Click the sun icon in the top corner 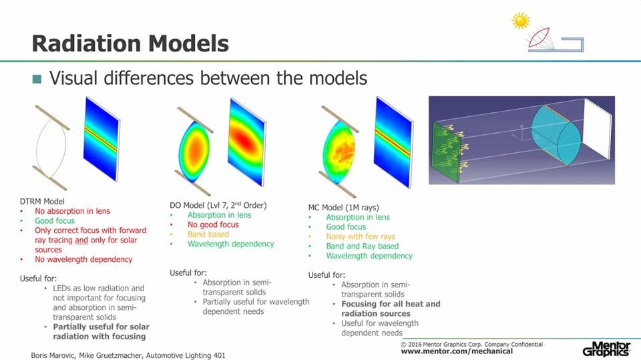pos(520,21)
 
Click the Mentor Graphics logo pos(606,349)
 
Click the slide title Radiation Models pos(130,43)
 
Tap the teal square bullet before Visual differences pos(37,79)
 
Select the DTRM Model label pos(42,201)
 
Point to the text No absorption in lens pos(72,211)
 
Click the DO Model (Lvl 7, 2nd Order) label pos(218,205)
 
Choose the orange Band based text pos(208,234)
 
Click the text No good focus pos(213,224)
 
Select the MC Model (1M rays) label pos(343,208)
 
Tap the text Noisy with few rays pos(361,236)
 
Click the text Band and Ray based pos(362,246)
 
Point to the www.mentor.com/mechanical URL pos(457,351)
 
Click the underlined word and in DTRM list pos(81,240)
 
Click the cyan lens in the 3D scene pos(556,135)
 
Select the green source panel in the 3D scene pos(447,152)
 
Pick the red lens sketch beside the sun pos(540,37)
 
